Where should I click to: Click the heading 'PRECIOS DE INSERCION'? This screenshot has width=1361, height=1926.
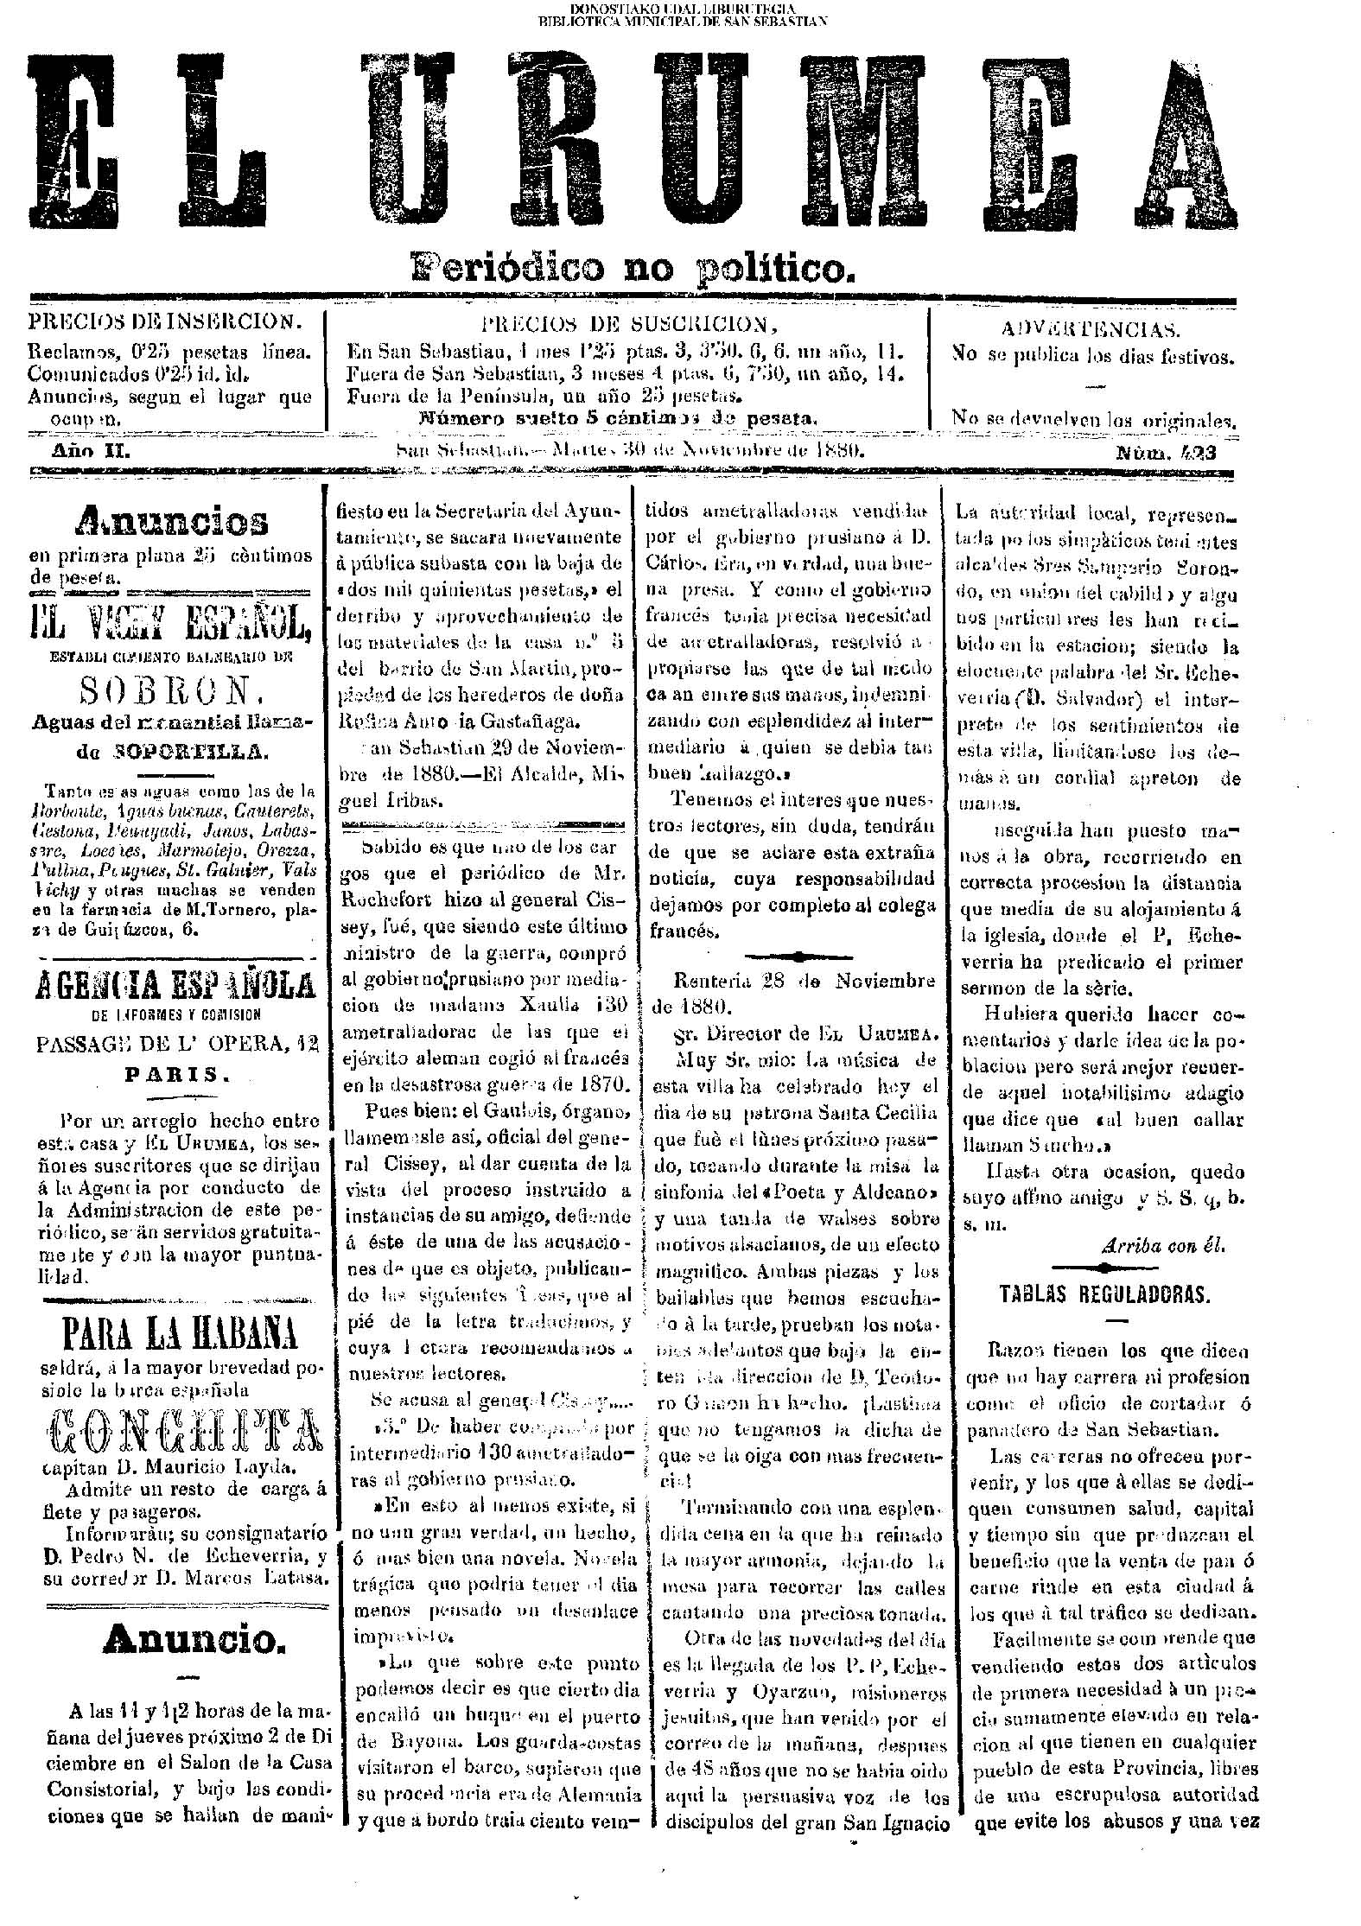[166, 322]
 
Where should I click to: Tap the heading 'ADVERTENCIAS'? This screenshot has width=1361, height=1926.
[1091, 329]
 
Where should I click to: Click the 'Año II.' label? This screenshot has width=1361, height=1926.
[92, 451]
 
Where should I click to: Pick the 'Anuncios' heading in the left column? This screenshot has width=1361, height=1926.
[172, 520]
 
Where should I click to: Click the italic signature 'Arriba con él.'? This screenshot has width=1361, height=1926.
[1163, 1245]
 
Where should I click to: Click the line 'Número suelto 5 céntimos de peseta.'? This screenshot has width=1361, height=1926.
[617, 419]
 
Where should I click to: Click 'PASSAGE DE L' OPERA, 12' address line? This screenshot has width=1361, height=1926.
[178, 1044]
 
